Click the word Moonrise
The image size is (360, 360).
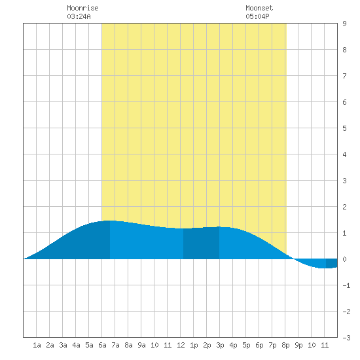pyautogui.click(x=82, y=8)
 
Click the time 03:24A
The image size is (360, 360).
pyautogui.click(x=79, y=16)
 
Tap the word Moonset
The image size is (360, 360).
pyautogui.click(x=259, y=8)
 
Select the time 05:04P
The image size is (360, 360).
pyautogui.click(x=257, y=16)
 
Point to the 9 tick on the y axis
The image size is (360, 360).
pyautogui.click(x=344, y=24)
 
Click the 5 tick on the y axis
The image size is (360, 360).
pyautogui.click(x=344, y=128)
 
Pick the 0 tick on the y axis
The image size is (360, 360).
pyautogui.click(x=344, y=259)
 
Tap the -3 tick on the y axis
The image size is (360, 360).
pyautogui.click(x=346, y=338)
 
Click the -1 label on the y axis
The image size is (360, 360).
pyautogui.click(x=346, y=285)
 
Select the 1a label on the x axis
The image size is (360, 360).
pyautogui.click(x=37, y=345)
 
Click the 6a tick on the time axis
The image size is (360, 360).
pyautogui.click(x=102, y=345)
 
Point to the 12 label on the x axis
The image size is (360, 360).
pyautogui.click(x=181, y=345)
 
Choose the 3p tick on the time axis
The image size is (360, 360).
pyautogui.click(x=220, y=345)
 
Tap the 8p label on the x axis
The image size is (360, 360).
pyautogui.click(x=285, y=345)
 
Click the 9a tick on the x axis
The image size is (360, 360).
pyautogui.click(x=141, y=345)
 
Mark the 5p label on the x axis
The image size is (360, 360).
pyautogui.click(x=246, y=345)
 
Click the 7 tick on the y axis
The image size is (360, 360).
pyautogui.click(x=344, y=76)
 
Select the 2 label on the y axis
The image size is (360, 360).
pyautogui.click(x=344, y=207)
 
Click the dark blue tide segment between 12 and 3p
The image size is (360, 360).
pyautogui.click(x=202, y=243)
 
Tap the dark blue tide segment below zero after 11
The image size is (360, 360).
pyautogui.click(x=332, y=263)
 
